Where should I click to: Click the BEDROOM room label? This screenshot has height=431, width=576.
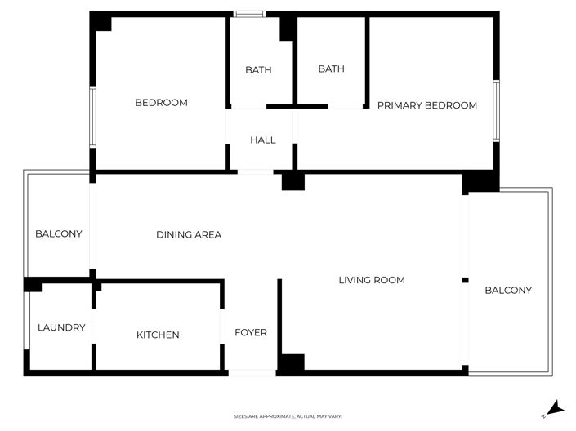coord(161,103)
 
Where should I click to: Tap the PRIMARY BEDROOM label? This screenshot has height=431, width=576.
coord(426,105)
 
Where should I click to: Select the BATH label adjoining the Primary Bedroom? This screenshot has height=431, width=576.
coord(331,69)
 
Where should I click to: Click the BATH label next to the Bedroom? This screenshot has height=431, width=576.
coord(258,70)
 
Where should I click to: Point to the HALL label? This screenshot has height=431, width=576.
coord(262,140)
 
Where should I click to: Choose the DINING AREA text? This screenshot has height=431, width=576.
coord(189,235)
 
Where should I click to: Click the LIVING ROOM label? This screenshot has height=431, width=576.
coord(372,280)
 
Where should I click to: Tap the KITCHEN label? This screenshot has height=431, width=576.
coord(158,335)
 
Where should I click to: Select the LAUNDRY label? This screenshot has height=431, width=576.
coord(61,327)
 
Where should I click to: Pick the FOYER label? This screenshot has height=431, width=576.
coord(251,332)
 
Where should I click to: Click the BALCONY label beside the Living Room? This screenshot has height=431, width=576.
coord(508,290)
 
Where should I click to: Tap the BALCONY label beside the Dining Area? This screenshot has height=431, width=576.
coord(59,234)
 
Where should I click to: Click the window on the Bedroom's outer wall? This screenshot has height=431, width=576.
coord(93,117)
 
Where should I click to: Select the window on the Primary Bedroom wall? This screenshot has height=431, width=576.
coord(496,110)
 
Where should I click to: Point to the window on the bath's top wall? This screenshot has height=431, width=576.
coord(249,14)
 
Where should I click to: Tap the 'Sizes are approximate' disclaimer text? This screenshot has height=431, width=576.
coord(288,416)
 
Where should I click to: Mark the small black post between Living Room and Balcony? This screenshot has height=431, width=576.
coord(465,280)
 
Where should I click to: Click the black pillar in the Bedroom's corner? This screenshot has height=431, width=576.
coord(101,22)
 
